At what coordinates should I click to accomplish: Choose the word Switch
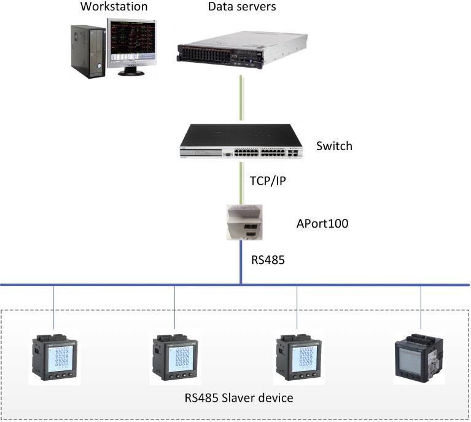coord(334,146)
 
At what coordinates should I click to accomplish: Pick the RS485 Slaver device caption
coord(238,397)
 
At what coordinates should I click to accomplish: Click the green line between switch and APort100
coord(241,181)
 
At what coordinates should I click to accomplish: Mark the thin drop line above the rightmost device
coord(421,308)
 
